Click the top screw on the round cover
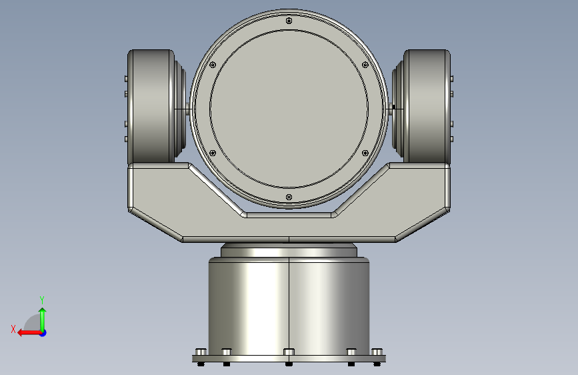pos(289,21)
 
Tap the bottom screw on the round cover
pos(289,198)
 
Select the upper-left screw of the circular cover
pos(213,65)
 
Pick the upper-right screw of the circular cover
pos(365,65)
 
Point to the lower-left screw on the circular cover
pos(213,153)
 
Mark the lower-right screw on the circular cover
pos(365,153)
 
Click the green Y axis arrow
pos(43,319)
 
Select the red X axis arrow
pos(29,333)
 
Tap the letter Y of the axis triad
pos(42,300)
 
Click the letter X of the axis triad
pos(13,329)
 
